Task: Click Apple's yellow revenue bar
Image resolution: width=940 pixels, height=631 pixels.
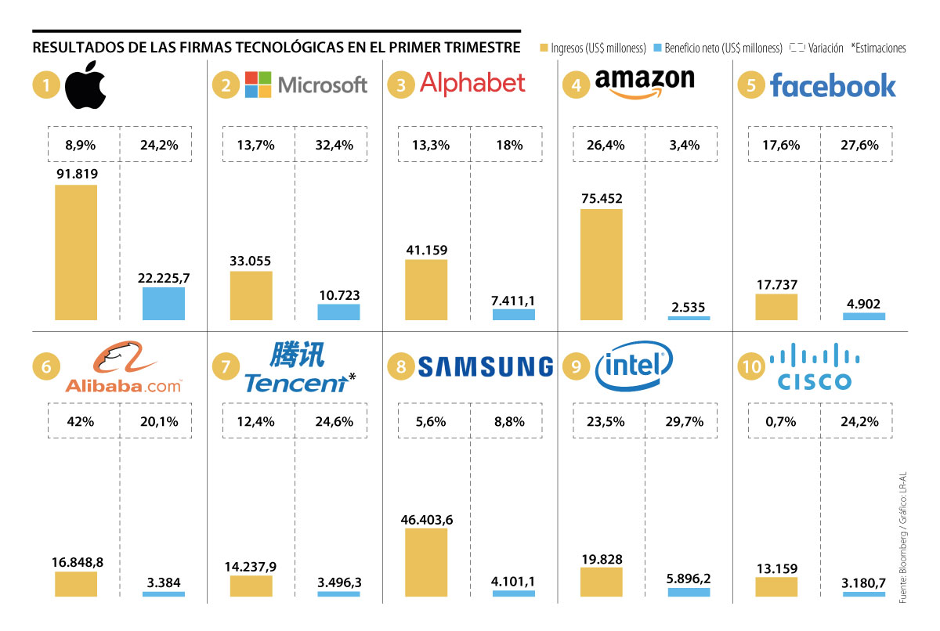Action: [x=76, y=252]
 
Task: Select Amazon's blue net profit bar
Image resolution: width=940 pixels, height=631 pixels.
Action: [x=689, y=318]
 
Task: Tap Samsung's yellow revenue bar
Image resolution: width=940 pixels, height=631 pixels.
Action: [x=426, y=562]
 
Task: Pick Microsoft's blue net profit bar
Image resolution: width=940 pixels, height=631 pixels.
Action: [x=338, y=312]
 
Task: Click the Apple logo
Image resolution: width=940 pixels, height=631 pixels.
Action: [x=84, y=85]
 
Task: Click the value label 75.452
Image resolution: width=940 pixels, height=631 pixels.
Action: [x=602, y=198]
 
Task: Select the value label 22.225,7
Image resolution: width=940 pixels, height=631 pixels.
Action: [x=164, y=278]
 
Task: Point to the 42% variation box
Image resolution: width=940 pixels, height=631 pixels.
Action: [x=82, y=421]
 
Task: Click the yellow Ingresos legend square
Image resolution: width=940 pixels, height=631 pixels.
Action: [x=545, y=48]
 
